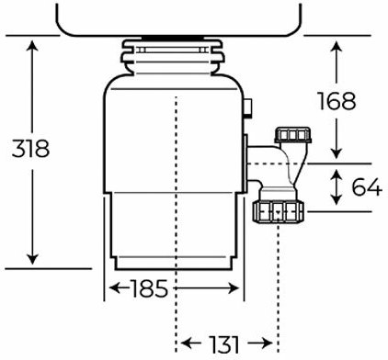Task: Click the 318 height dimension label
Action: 30,149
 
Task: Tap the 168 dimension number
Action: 337,101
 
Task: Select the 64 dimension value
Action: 367,186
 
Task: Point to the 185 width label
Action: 150,288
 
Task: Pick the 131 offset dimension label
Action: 223,343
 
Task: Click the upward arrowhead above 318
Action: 32,46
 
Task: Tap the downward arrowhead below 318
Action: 32,259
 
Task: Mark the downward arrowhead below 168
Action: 337,153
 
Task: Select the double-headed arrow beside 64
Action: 337,187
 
